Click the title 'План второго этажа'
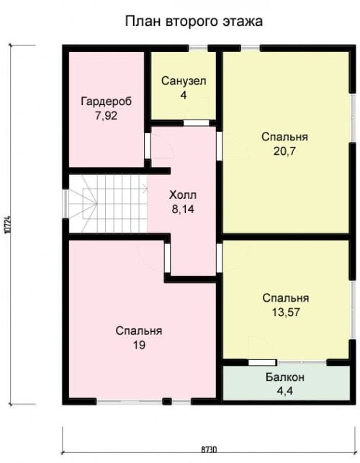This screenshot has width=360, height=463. [194, 22]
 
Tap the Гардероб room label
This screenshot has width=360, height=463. [107, 102]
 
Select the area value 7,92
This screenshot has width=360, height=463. [106, 115]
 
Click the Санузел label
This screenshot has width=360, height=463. [184, 81]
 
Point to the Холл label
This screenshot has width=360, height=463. [183, 195]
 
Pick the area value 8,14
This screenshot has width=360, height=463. [183, 210]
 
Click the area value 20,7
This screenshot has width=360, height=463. [284, 151]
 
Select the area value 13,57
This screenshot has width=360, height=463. [286, 312]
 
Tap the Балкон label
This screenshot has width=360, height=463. [285, 377]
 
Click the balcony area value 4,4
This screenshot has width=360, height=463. [285, 391]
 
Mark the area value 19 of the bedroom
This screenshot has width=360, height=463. [139, 345]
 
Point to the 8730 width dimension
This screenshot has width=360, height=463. [209, 450]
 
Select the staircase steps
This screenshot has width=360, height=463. [108, 204]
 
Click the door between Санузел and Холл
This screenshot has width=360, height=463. [197, 123]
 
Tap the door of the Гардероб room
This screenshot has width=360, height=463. [148, 146]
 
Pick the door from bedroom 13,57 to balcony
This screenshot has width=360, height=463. [262, 362]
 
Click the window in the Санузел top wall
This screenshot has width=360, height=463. [198, 48]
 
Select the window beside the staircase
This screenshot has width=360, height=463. [66, 204]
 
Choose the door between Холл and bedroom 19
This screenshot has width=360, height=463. [167, 258]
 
